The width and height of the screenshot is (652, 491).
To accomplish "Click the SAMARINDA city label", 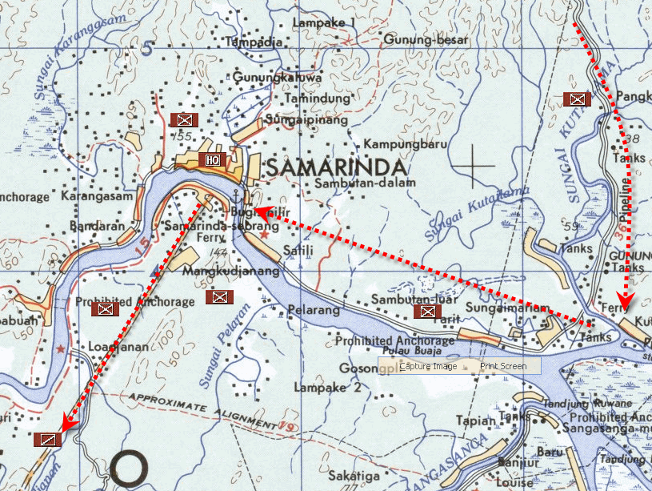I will [335, 167].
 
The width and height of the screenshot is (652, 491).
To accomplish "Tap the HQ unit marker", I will [213, 159].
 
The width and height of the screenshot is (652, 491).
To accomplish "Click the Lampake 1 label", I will [324, 23].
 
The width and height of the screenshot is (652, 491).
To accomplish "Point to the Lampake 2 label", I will [327, 388].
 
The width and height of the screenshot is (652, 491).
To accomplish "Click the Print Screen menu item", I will [503, 366].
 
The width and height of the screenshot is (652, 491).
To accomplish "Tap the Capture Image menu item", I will [428, 366].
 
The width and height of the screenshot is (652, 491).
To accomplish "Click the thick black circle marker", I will [130, 468].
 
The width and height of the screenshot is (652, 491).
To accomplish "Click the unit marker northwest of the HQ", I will [184, 120].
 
